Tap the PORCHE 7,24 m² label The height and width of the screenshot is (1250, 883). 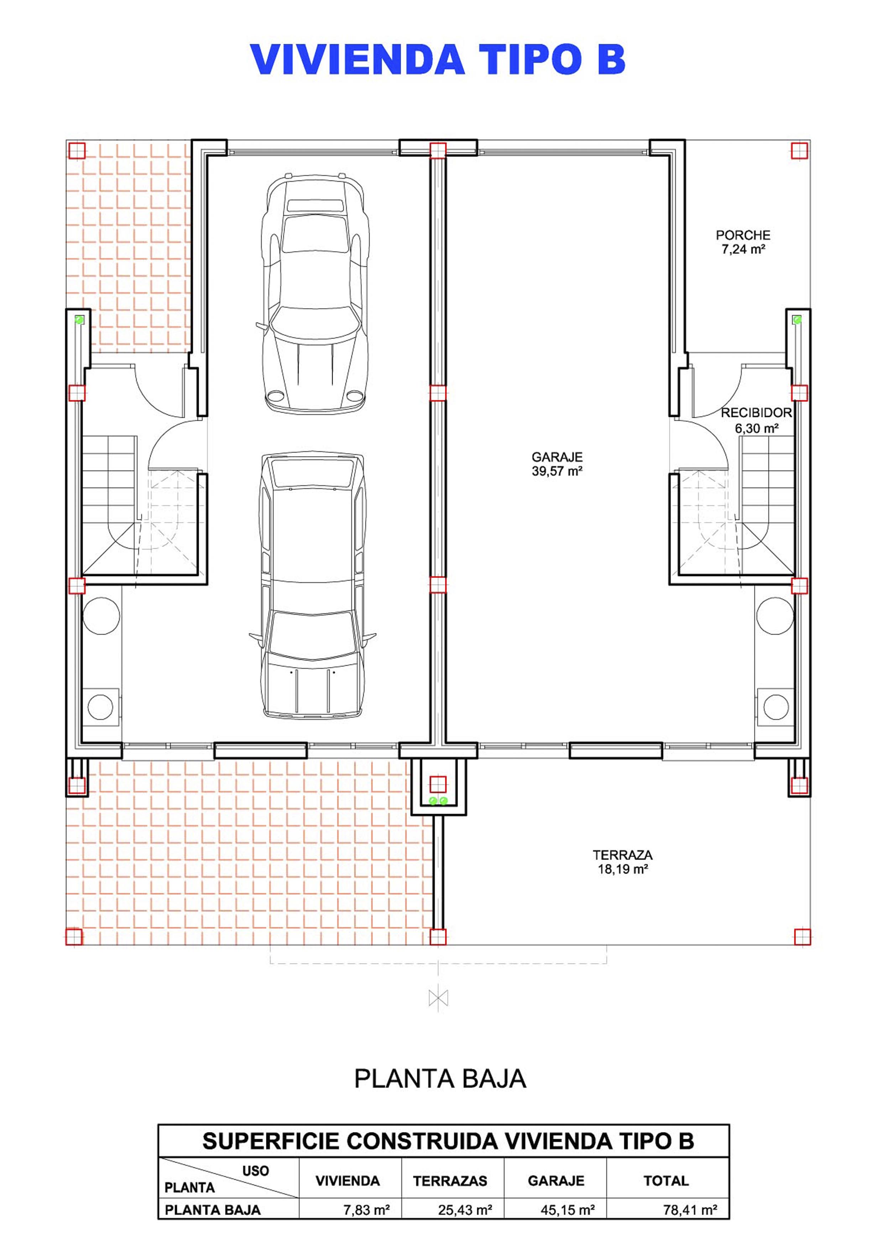click(743, 242)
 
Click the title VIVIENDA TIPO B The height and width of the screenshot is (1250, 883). click(438, 60)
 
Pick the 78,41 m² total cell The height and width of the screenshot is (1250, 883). click(690, 1210)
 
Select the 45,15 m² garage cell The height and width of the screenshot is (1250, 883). click(568, 1210)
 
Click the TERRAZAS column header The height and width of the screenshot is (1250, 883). click(450, 1180)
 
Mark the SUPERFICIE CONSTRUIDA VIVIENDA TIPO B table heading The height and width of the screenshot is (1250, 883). click(448, 1141)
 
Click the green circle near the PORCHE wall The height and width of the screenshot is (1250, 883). click(798, 320)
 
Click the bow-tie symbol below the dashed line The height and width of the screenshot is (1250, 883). click(438, 998)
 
